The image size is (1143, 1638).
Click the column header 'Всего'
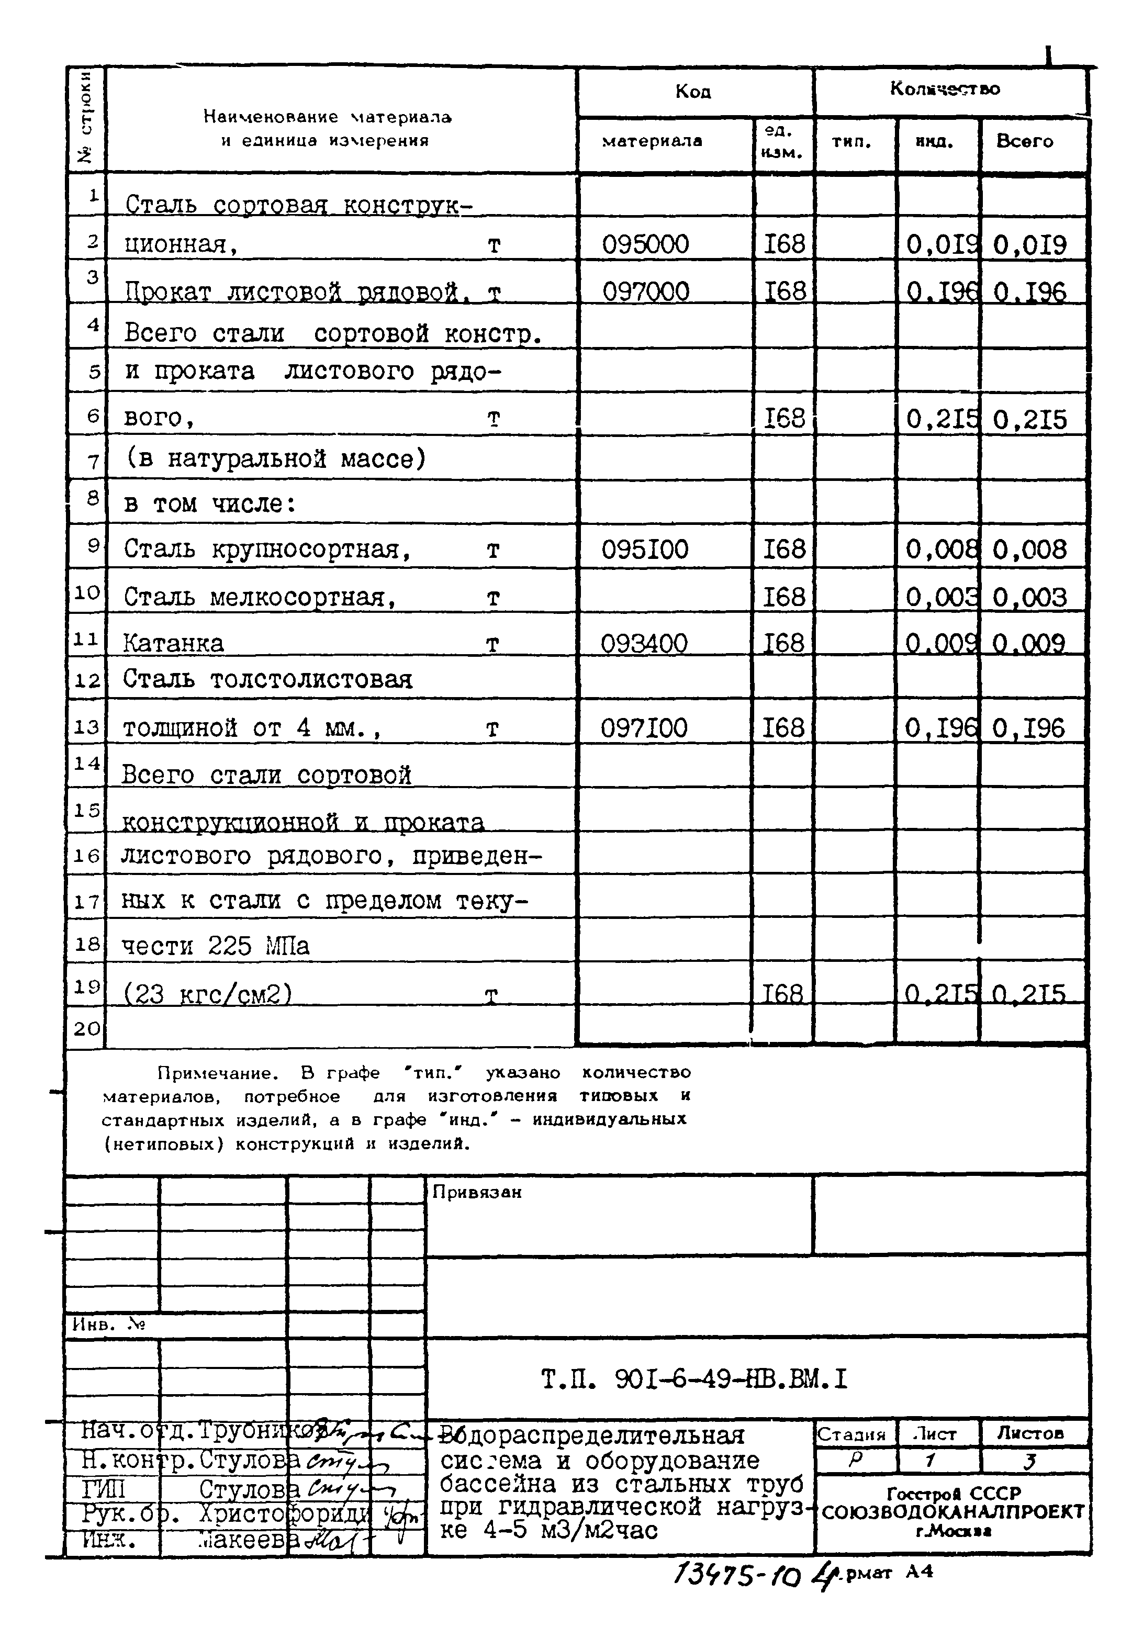[1025, 141]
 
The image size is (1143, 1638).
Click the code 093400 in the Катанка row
[644, 644]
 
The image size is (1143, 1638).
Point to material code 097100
[644, 728]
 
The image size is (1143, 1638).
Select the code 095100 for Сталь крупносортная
[644, 549]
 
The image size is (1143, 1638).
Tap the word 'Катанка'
[173, 644]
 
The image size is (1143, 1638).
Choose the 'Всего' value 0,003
[1029, 597]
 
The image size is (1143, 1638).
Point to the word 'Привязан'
[477, 1193]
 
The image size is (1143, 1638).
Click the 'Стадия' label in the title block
[850, 1434]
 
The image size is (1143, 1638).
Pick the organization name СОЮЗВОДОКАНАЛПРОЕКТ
[952, 1512]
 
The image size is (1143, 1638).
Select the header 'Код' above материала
[693, 91]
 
